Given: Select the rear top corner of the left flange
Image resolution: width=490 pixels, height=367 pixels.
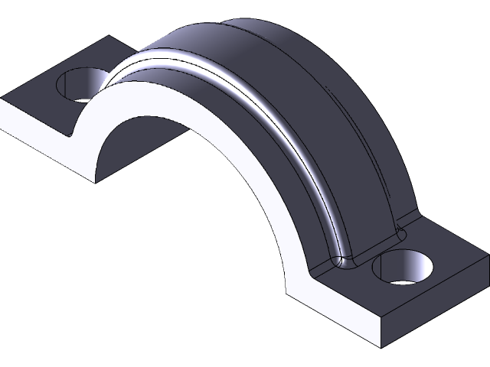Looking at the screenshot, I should pos(107,37).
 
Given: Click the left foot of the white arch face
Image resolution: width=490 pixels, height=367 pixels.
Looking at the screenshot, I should pos(96,172).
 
